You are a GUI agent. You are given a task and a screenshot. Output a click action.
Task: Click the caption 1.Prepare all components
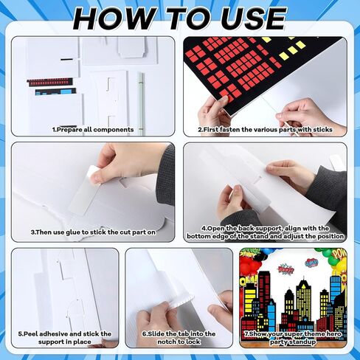tap(93, 129)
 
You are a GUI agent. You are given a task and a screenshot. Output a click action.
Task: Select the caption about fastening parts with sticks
tap(265, 129)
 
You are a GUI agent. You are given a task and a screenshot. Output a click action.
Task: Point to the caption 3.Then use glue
tap(93, 232)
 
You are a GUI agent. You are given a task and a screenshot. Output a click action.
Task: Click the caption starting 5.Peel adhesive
tap(65, 338)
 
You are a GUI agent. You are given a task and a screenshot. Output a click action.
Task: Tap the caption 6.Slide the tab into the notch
tap(179, 338)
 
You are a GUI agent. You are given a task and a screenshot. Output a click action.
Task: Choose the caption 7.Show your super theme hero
tap(293, 338)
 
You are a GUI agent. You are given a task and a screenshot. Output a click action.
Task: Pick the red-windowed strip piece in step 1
tap(50, 82)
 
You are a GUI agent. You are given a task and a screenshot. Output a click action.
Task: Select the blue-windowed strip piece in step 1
tap(55, 91)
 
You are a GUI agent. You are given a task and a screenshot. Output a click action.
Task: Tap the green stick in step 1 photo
tap(140, 103)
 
